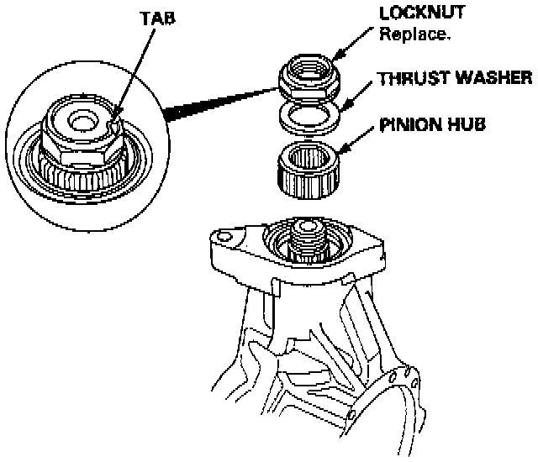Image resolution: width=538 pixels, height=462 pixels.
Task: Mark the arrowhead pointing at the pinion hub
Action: click(340, 155)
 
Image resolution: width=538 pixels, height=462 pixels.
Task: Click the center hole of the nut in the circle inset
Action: click(82, 121)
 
